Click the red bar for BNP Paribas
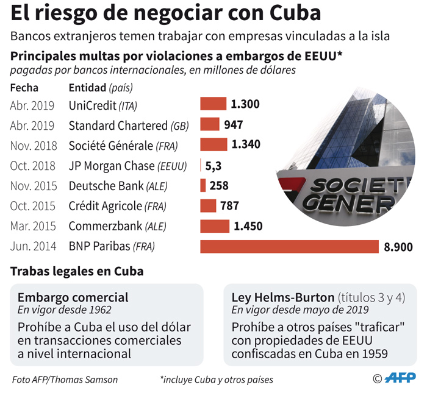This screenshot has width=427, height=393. [x=289, y=246]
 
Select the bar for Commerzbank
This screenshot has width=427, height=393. [x=215, y=226]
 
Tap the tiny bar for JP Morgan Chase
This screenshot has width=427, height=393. [x=201, y=165]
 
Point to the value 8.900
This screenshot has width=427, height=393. [x=398, y=247]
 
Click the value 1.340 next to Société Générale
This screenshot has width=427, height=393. [x=246, y=144]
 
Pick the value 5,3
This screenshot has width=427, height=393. [x=213, y=165]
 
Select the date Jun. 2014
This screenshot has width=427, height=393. [x=34, y=246]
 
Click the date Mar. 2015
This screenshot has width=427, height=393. [x=34, y=226]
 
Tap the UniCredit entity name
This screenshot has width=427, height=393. [x=93, y=105]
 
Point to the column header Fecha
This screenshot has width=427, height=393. [x=24, y=87]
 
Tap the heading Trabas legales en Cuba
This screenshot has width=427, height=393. [x=77, y=271]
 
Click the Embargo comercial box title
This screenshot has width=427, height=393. [x=73, y=297]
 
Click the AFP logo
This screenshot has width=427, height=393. [x=402, y=378]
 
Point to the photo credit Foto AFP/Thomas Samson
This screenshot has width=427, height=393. [x=65, y=380]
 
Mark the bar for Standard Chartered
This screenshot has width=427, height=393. [x=210, y=124]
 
